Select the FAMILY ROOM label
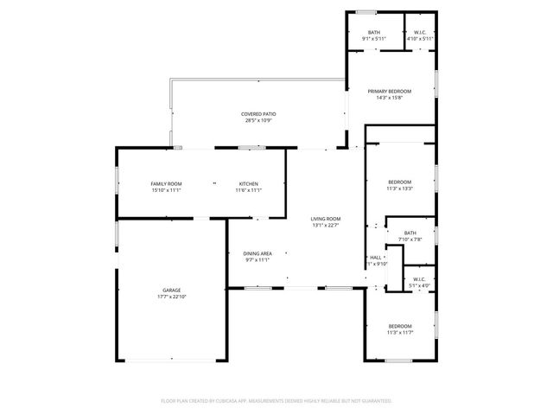(166, 183)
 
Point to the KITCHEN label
(249, 183)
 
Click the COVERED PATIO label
(257, 114)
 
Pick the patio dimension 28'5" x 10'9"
(257, 121)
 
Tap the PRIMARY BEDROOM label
(390, 91)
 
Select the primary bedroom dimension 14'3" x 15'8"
(390, 98)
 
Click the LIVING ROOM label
(326, 219)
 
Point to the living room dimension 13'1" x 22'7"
(326, 226)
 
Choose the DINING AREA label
(258, 252)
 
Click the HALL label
(376, 258)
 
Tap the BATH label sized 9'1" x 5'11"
(373, 32)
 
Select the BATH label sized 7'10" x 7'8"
(410, 232)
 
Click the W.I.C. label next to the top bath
(418, 32)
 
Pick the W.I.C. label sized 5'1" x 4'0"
(418, 279)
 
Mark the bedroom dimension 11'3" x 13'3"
(399, 188)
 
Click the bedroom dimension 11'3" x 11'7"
(399, 332)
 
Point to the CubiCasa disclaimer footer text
(276, 401)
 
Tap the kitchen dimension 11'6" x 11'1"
(249, 190)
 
